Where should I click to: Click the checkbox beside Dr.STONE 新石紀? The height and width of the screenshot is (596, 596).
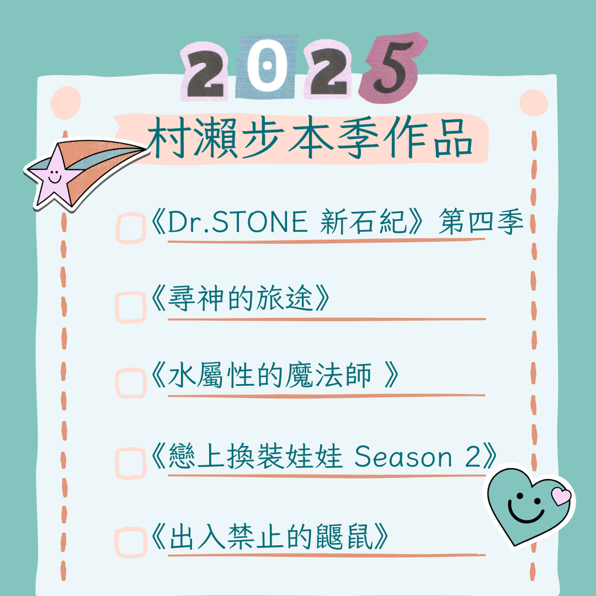131,228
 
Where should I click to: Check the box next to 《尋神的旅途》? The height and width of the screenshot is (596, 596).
131,307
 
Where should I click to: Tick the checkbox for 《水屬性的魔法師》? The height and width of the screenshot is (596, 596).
131,383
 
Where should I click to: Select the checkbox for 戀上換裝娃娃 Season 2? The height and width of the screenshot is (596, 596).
131,463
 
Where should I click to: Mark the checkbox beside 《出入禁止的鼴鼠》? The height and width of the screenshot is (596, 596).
131,542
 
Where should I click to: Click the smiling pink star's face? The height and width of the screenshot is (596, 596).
54,177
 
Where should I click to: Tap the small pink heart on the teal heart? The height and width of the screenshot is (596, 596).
561,496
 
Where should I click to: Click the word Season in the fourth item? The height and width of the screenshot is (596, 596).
403,456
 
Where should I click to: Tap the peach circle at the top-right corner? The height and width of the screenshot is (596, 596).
533,103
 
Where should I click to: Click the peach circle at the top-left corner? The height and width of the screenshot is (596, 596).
65,102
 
